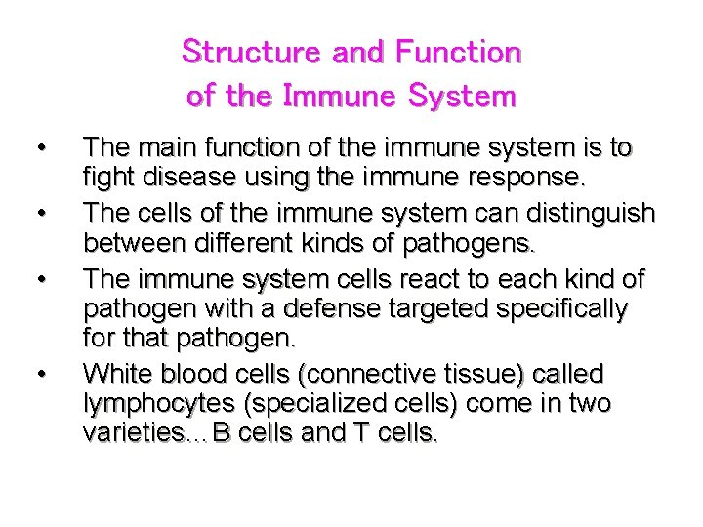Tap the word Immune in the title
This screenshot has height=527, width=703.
pos(341,96)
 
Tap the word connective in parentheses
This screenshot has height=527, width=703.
pos(382,373)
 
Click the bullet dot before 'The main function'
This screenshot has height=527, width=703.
pos(41,149)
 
